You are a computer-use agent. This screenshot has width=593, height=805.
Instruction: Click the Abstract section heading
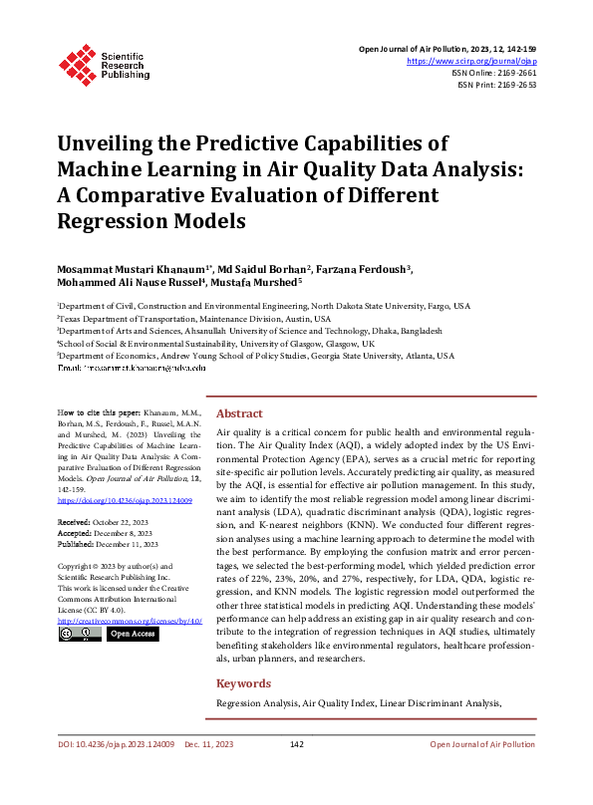pos(239,413)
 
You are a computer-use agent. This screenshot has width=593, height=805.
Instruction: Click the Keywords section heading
pos(243,683)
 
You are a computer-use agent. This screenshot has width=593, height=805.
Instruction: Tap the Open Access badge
pos(131,633)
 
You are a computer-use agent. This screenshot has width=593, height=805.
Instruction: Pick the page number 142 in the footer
pos(296,771)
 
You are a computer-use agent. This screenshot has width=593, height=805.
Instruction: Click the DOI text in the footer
pos(117,771)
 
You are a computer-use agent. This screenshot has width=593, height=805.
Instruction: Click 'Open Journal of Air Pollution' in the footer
pos(481,771)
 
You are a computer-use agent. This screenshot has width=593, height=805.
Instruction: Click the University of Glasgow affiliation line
pos(215,342)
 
